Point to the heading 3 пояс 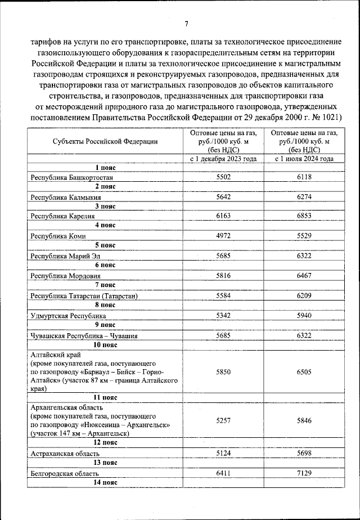coord(105,206)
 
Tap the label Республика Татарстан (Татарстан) coord(84,295)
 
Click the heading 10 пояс coord(105,344)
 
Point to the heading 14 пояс coord(105,483)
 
